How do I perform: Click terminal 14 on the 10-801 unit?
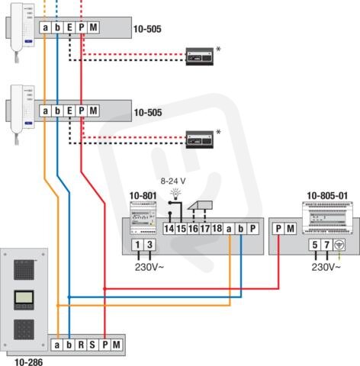(x=169, y=229)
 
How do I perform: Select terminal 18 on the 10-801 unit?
(x=217, y=229)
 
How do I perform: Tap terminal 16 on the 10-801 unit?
(x=193, y=229)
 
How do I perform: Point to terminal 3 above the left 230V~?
(x=149, y=245)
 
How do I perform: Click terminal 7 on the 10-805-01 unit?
(x=326, y=245)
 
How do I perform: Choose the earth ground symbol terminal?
(x=339, y=245)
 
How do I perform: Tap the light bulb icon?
(x=175, y=194)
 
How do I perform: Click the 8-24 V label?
(x=173, y=181)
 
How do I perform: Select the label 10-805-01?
(x=327, y=196)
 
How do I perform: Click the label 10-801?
(x=143, y=196)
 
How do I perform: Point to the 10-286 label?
(x=28, y=362)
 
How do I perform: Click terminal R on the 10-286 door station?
(x=81, y=345)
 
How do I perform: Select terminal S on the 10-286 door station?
(x=92, y=345)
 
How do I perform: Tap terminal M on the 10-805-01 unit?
(x=291, y=229)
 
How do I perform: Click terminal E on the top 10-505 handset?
(x=69, y=27)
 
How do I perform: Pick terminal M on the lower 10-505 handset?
(x=93, y=111)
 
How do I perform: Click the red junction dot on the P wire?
(x=104, y=289)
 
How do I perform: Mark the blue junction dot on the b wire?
(x=69, y=297)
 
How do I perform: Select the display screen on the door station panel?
(x=24, y=297)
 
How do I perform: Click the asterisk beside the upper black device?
(x=218, y=50)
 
